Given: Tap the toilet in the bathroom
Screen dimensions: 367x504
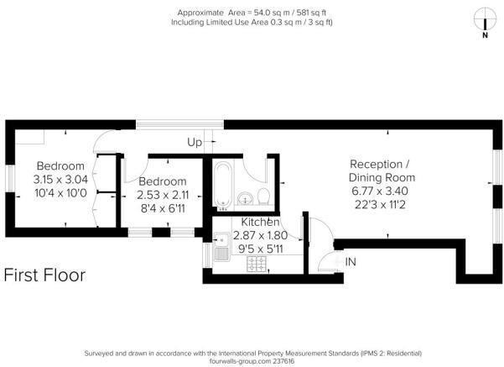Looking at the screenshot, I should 262,197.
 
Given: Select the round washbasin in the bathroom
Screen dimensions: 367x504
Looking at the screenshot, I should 242,199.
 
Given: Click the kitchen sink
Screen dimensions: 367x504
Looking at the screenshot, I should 222,249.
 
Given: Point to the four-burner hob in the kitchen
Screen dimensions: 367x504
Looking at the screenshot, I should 257,263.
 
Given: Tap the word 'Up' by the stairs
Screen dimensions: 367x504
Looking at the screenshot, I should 195,142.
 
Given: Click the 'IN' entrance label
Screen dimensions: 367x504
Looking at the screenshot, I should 351,262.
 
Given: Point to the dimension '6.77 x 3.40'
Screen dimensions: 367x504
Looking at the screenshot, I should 382,191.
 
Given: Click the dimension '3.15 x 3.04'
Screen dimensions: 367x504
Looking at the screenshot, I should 60,179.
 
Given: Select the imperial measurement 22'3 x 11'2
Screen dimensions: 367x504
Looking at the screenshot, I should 382,205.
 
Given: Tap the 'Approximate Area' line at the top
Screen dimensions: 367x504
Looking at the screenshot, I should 252,12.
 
